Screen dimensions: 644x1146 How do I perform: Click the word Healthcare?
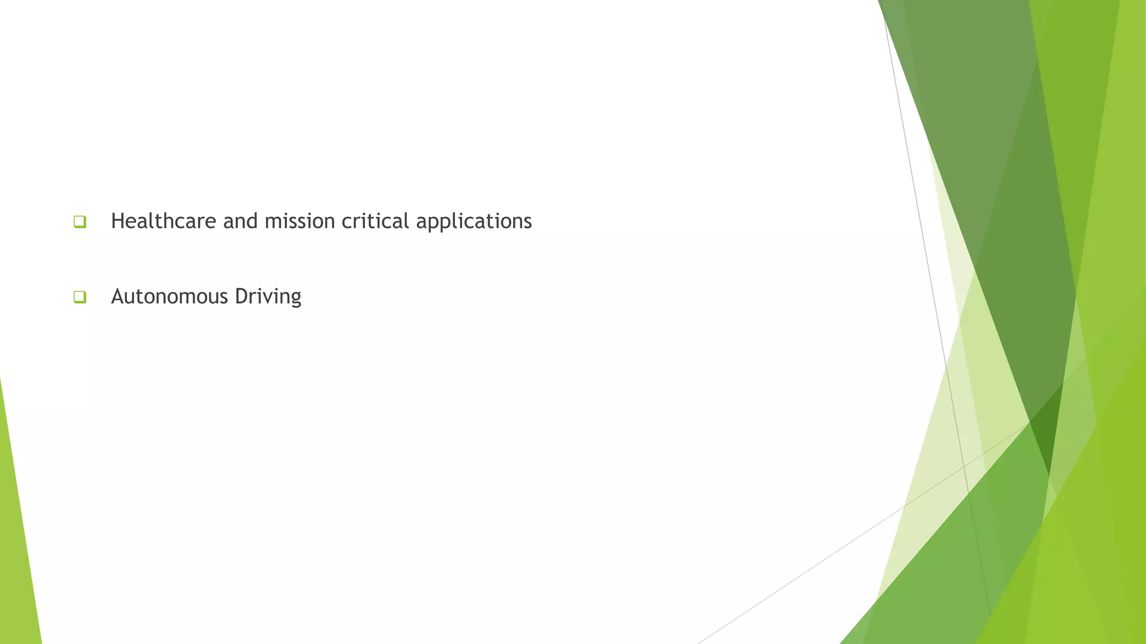click(x=163, y=221)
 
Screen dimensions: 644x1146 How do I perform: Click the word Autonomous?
click(x=170, y=296)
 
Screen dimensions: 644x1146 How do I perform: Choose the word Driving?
click(x=268, y=297)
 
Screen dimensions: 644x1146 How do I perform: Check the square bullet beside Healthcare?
click(x=79, y=222)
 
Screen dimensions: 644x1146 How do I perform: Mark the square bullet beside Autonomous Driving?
click(x=79, y=297)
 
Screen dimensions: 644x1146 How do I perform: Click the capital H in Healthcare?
click(x=117, y=221)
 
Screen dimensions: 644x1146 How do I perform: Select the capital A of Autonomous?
click(x=118, y=296)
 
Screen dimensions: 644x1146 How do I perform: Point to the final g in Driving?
click(x=295, y=299)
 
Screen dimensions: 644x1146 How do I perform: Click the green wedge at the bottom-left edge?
click(x=17, y=559)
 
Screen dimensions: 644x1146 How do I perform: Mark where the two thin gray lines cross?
click(x=964, y=466)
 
